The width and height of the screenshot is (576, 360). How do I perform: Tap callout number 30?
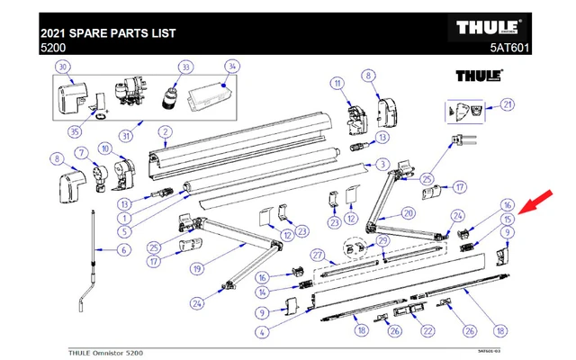[x=62, y=67]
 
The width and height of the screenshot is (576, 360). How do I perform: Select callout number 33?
[x=185, y=67]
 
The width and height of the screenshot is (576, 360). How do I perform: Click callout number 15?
[x=508, y=219]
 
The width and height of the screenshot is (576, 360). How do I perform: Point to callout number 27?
[x=317, y=255]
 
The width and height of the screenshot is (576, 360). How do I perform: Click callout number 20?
[x=408, y=213]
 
